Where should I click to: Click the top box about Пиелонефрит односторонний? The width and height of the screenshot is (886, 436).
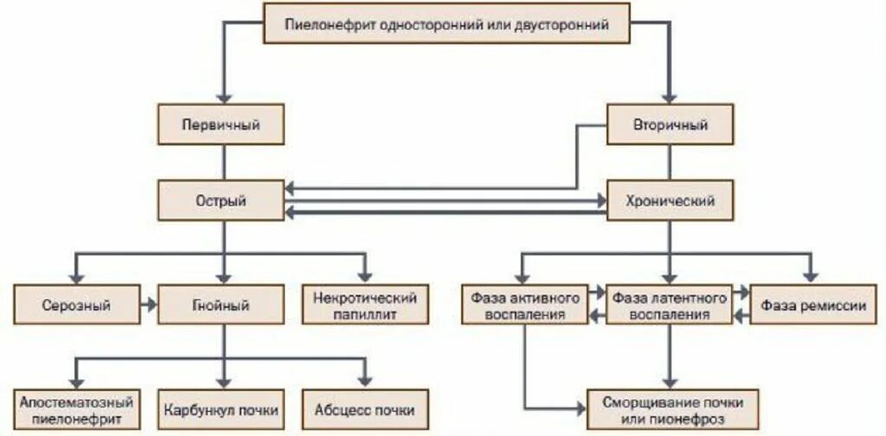pos(447,25)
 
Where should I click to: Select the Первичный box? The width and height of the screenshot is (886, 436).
pos(221,125)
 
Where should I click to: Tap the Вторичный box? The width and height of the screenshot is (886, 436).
pos(671,125)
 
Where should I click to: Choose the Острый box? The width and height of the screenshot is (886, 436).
pos(221,201)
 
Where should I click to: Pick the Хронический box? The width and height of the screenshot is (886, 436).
pos(671,201)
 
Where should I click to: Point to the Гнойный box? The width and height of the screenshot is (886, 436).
pos(221,305)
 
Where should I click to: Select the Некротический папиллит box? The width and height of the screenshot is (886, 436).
pos(364,305)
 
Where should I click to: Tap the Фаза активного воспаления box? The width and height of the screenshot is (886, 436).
pos(525,305)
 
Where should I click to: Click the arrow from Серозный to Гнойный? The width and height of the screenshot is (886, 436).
pos(149,305)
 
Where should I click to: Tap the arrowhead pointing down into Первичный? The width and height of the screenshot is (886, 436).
pos(223,97)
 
